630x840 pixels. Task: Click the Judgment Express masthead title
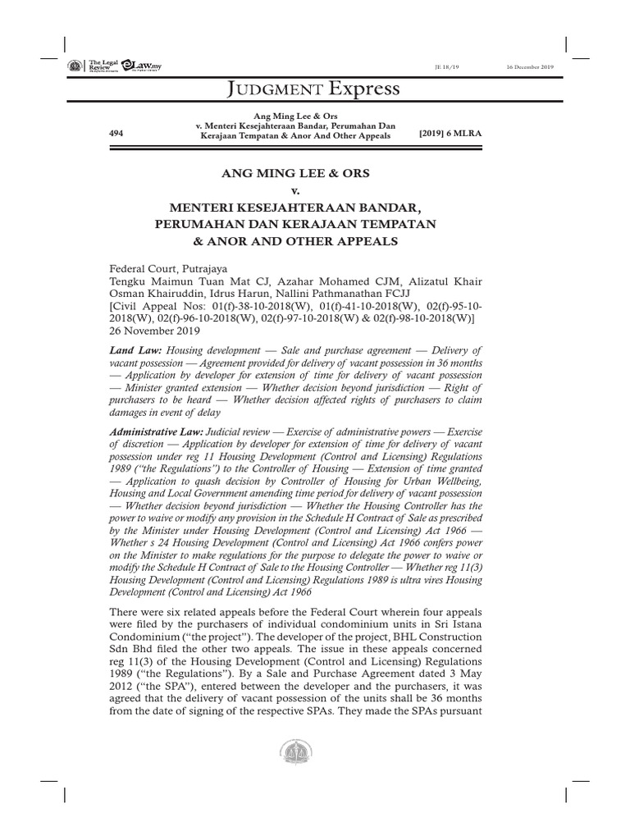[313, 88]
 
